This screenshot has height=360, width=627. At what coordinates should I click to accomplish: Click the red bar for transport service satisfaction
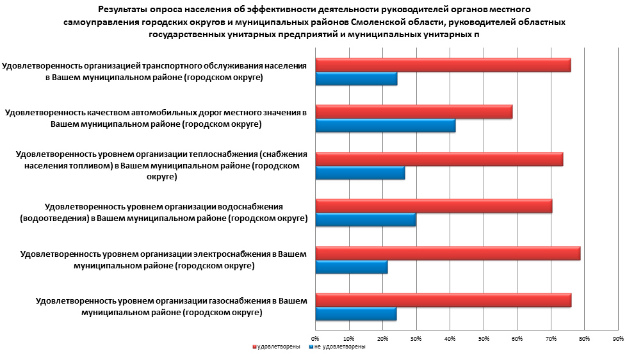coord(442,65)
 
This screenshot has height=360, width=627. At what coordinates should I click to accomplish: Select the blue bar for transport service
coord(356,79)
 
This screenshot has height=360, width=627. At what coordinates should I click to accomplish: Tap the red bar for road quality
coord(413,112)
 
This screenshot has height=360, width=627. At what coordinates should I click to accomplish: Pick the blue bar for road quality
coord(385,126)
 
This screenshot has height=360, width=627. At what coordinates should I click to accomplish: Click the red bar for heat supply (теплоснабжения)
coord(439,160)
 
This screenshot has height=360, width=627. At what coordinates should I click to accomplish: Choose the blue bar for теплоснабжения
coord(360,173)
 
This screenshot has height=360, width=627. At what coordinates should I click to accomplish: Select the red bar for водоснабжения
coord(433,206)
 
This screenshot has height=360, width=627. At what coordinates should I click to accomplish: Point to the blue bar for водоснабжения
coord(365,220)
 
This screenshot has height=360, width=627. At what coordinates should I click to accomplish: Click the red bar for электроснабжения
coord(447,253)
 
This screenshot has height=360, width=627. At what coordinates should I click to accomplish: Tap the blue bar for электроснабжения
coord(351,267)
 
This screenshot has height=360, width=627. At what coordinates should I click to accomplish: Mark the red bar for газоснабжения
coord(443,300)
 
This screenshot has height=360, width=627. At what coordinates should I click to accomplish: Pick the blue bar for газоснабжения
coord(355,314)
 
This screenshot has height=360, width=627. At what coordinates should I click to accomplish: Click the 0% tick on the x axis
coord(315,338)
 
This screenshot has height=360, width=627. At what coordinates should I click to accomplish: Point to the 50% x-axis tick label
coord(484,338)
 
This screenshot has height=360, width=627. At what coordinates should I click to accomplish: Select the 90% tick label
coord(618,338)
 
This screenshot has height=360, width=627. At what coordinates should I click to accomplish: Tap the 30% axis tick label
coord(416,338)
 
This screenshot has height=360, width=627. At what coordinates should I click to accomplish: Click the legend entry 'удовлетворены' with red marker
coord(276,347)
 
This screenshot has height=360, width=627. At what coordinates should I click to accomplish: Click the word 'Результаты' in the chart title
coord(124,10)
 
